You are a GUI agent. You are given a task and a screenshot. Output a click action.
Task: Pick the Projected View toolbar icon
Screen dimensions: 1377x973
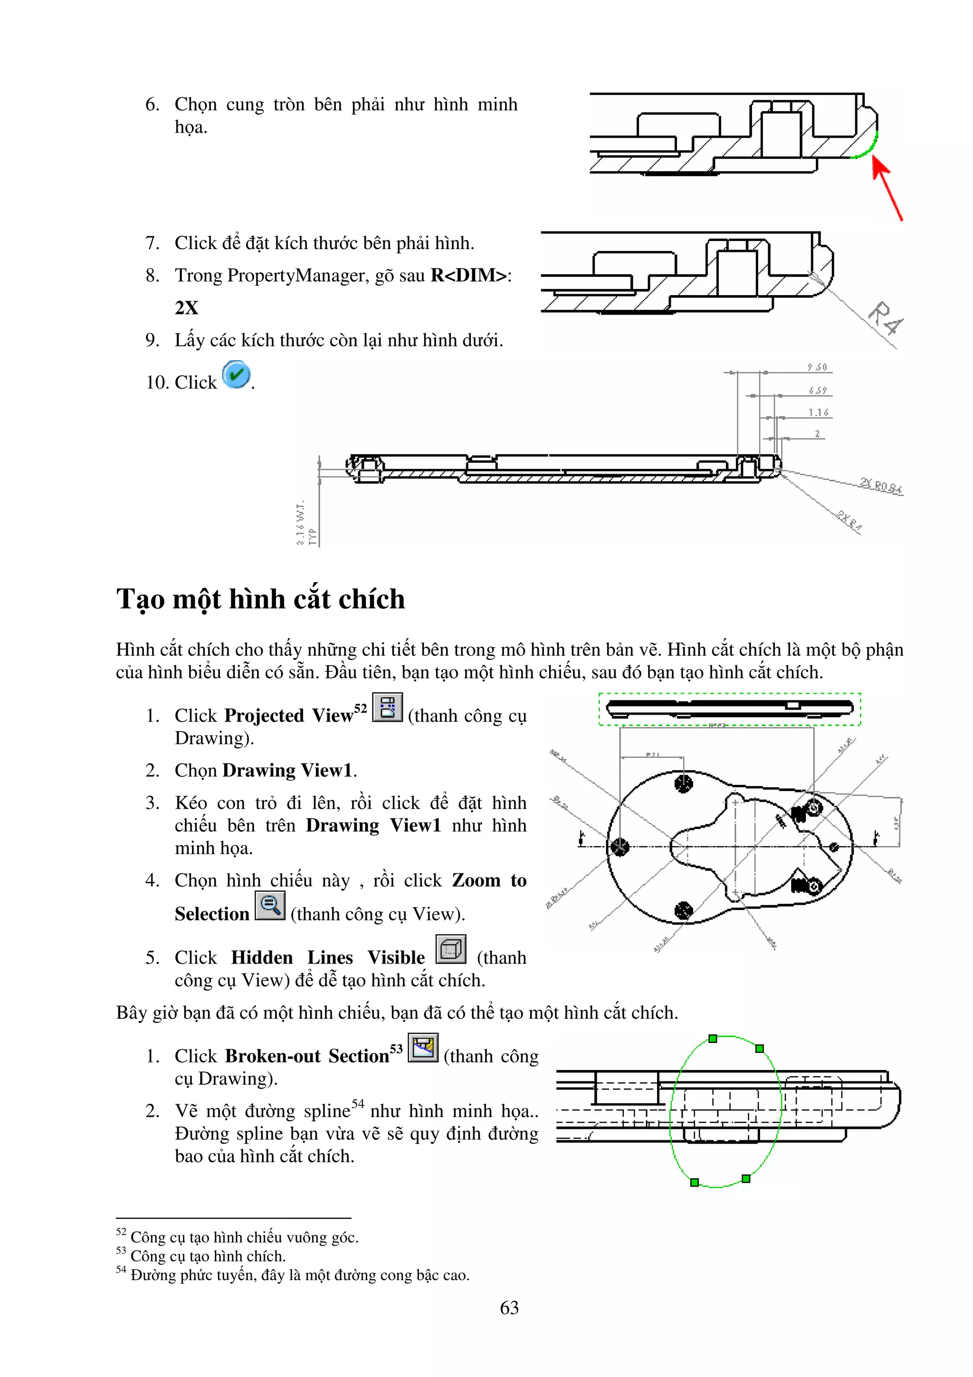[387, 707]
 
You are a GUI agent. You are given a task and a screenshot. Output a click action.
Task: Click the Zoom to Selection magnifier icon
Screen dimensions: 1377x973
[270, 905]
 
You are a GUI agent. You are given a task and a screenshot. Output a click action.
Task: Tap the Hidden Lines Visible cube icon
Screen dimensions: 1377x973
[450, 949]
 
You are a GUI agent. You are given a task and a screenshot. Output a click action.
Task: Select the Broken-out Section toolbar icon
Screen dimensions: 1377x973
[423, 1048]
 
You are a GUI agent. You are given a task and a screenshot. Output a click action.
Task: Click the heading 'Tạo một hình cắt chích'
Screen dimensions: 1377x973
[261, 599]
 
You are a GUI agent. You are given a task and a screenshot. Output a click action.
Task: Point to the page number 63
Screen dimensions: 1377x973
[509, 1308]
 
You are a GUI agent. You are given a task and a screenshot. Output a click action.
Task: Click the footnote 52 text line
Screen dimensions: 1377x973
[244, 1237]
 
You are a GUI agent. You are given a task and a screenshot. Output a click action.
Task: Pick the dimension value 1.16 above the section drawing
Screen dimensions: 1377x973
[818, 412]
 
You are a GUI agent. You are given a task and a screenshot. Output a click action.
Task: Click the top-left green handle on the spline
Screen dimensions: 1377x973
[712, 1038]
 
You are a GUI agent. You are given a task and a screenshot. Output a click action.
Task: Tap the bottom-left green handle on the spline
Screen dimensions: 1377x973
[694, 1182]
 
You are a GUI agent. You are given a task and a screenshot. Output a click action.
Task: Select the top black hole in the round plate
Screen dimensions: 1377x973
[684, 783]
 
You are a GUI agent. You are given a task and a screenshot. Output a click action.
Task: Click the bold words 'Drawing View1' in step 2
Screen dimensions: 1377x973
[287, 771]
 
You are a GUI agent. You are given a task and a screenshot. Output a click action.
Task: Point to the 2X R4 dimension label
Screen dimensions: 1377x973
[849, 521]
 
